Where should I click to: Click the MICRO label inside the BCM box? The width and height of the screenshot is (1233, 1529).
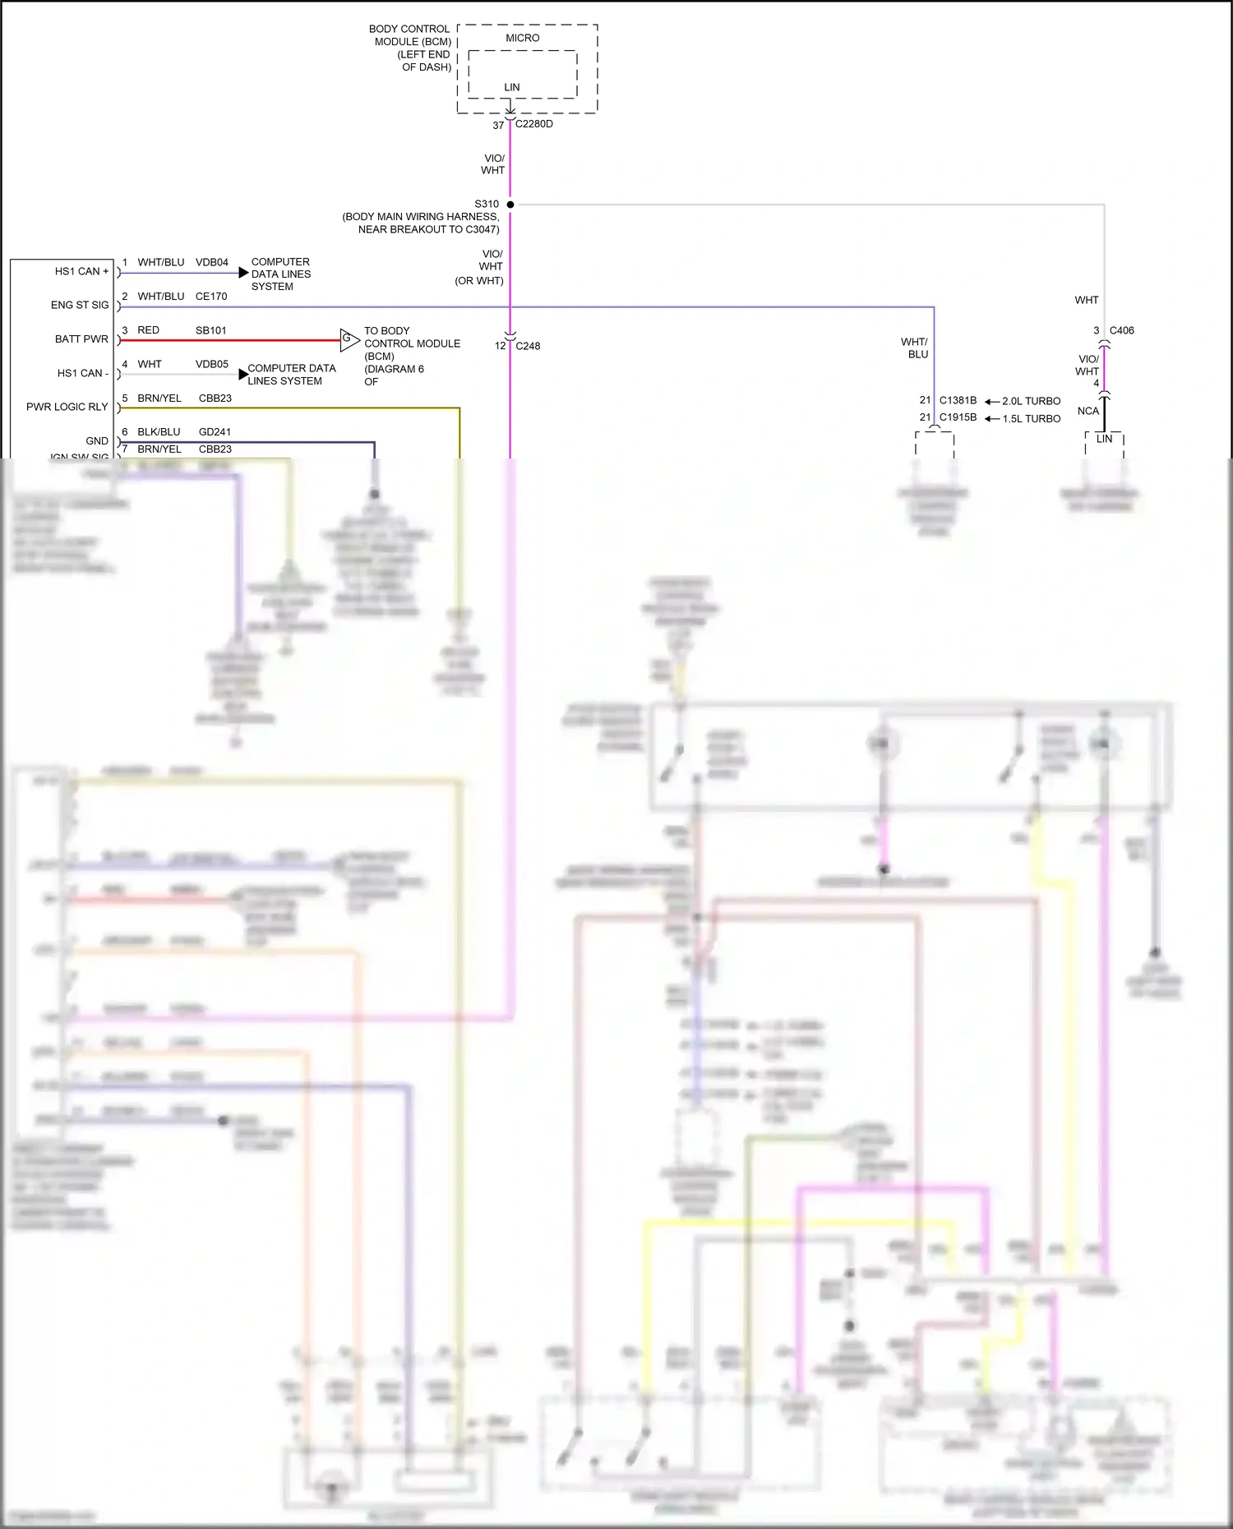coord(522,38)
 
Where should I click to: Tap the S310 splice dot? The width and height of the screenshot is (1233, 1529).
coord(510,204)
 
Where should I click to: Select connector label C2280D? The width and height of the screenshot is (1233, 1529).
coord(533,124)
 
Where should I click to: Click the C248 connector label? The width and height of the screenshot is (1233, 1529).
coord(528,346)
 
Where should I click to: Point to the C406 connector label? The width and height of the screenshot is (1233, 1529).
coord(1121,330)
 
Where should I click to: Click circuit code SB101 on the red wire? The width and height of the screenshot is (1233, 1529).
coord(210,330)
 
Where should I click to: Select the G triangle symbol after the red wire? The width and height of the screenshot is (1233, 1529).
coord(349,338)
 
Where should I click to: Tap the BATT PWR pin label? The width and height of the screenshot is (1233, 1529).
coord(81,338)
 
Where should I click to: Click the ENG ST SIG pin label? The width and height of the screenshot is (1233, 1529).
coord(80,305)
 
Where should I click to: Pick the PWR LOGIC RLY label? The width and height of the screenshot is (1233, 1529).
coord(67,407)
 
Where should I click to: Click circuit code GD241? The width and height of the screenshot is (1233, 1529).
coord(215,431)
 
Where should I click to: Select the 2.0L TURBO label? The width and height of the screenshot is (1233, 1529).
coord(1031,401)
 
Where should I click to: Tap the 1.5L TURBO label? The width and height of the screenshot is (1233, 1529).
coord(1031,418)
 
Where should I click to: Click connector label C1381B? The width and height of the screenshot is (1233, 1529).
coord(958,400)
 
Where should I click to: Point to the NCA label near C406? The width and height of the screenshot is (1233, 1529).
coord(1088,411)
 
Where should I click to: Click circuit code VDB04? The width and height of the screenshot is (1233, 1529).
coord(211,262)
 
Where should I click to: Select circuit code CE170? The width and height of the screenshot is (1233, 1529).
coord(211,296)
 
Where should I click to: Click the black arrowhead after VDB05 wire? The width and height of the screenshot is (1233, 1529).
coord(243,375)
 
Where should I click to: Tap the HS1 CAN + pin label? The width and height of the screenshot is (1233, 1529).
coord(81,271)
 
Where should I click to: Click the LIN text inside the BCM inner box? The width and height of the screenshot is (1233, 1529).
coord(511,87)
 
